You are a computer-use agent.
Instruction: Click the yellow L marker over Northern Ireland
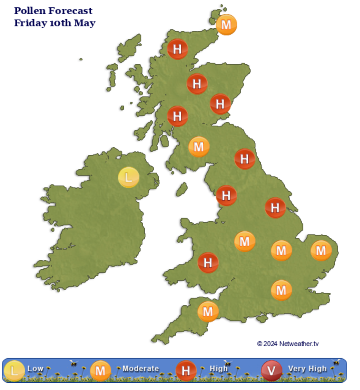tap(128, 178)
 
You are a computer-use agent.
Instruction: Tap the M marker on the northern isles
tap(226, 25)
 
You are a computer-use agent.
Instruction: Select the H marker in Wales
tap(208, 263)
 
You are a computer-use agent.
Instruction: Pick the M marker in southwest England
tap(208, 311)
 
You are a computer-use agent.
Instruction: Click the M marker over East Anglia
tap(321, 251)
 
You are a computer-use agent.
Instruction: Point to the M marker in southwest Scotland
tap(199, 147)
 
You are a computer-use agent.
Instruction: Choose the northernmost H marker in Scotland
tap(177, 49)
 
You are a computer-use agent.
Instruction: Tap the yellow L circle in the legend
tap(14, 371)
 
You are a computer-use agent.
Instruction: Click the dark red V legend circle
tap(271, 371)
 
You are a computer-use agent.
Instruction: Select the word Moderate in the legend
tap(140, 369)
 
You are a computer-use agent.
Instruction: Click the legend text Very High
tap(307, 369)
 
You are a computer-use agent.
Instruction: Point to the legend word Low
tap(35, 369)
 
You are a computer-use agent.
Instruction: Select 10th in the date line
tap(60, 23)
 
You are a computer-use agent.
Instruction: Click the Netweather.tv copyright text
tap(288, 344)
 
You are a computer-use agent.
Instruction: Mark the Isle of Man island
tap(181, 190)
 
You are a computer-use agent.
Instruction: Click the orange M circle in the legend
tap(100, 371)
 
